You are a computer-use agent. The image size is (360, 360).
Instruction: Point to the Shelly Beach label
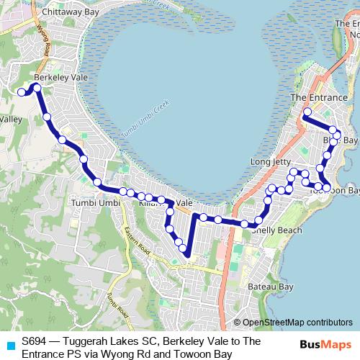pos(276,230)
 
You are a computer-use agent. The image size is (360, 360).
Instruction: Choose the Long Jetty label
pos(269,162)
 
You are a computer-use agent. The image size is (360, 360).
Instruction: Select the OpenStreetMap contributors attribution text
pos(292,323)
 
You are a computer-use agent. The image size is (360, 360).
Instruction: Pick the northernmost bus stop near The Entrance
pos(307,112)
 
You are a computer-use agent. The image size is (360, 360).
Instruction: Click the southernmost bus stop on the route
pos(184,251)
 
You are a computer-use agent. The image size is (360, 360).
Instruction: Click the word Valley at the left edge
pos(11,120)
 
